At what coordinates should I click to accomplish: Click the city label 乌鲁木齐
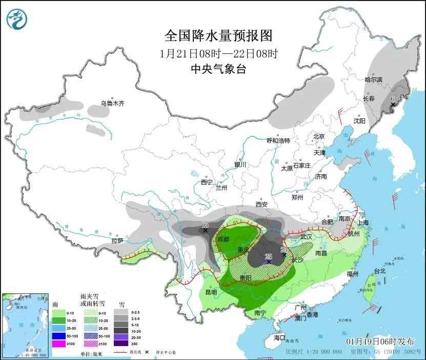tap(112, 104)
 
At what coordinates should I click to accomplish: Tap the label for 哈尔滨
tap(373, 79)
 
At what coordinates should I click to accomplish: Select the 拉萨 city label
tap(117, 241)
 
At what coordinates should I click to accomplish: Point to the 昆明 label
tap(211, 292)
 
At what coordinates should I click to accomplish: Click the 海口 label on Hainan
tap(279, 338)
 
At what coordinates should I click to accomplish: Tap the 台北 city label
tap(379, 271)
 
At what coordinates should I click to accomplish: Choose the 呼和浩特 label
tap(278, 141)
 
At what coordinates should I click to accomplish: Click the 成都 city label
tap(224, 239)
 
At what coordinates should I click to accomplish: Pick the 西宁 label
tap(207, 182)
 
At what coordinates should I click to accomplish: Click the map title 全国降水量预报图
tap(218, 35)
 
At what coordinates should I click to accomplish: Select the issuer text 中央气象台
tap(218, 69)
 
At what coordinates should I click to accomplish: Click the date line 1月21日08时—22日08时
tap(218, 53)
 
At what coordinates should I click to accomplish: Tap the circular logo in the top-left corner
tap(17, 19)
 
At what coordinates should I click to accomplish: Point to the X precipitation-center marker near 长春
tap(393, 105)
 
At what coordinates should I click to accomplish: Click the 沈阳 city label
tap(359, 121)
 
